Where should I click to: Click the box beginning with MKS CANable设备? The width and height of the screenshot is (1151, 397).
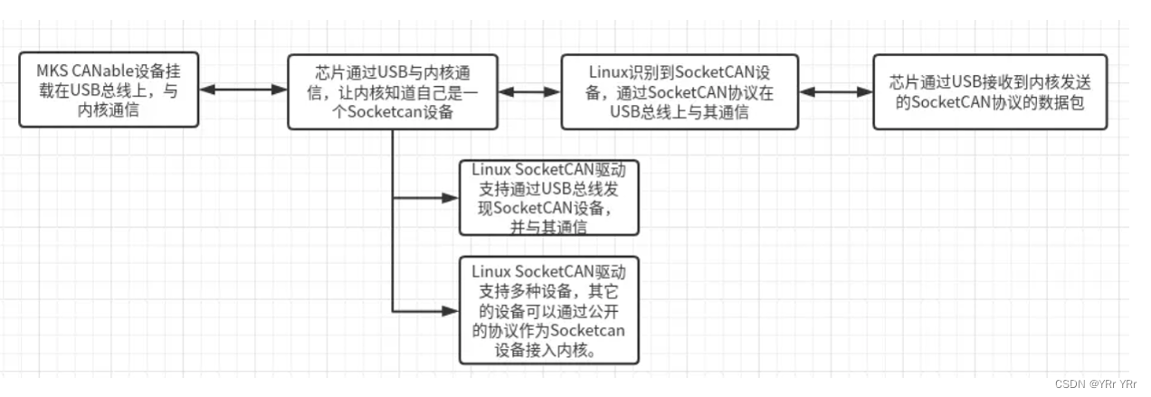coord(109,90)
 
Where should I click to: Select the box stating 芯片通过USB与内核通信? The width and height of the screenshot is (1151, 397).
coord(392,90)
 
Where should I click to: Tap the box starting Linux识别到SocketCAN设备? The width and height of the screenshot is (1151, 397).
coord(680,90)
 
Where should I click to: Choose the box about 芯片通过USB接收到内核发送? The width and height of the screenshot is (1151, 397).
coord(989,90)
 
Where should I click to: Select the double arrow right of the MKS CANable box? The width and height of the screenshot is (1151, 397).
coord(243,90)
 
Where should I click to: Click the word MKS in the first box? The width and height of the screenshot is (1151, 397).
coord(51,71)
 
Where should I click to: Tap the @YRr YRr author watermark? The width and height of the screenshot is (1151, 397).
coord(1114,383)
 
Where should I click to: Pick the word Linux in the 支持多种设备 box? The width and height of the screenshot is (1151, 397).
coord(490,270)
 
